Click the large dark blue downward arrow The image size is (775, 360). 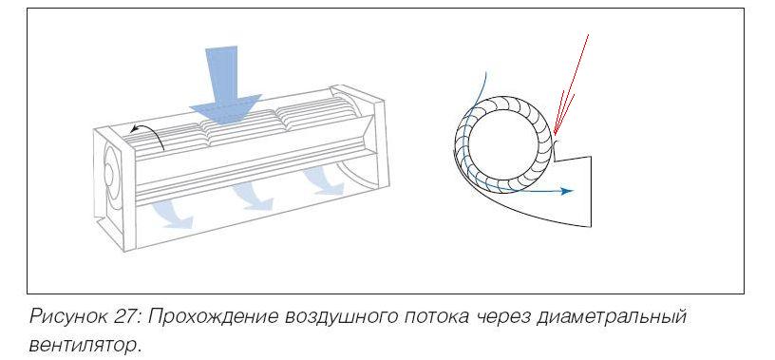tap(225, 86)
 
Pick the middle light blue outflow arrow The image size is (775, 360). tap(252, 197)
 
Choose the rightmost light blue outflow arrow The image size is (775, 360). tap(324, 180)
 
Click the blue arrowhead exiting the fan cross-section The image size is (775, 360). tap(567, 191)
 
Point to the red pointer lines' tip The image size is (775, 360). tap(555, 135)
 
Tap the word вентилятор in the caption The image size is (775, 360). tap(84, 345)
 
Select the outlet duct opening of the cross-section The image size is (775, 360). tap(590, 191)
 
